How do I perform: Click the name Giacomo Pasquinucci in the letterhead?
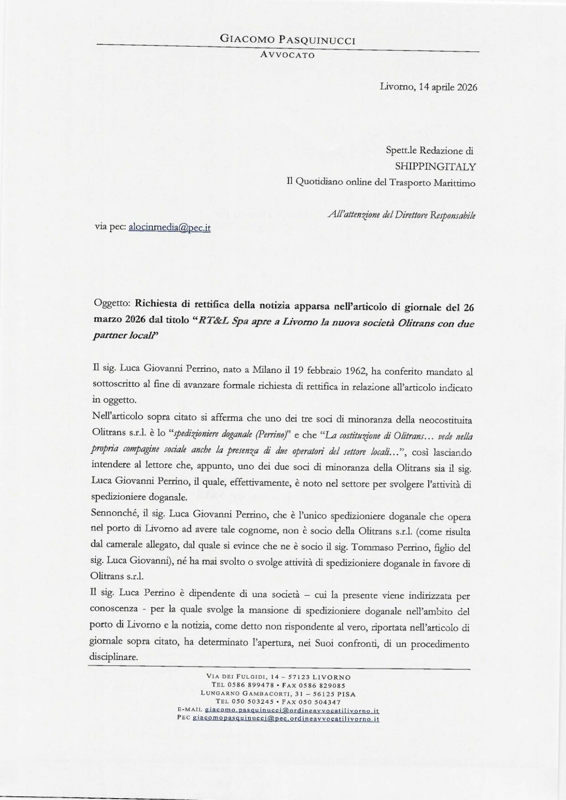point(288,41)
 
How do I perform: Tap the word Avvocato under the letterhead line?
point(288,55)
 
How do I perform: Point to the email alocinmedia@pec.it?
point(170,228)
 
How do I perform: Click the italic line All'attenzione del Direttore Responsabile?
point(401,216)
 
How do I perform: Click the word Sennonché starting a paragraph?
point(111,517)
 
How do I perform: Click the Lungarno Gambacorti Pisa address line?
point(278,694)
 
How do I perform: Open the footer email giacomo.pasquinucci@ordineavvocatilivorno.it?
point(292,710)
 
